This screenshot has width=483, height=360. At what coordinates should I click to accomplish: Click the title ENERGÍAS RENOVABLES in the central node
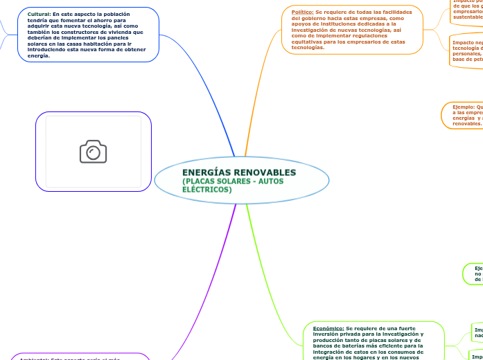tap(238, 172)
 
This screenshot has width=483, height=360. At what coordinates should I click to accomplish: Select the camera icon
tap(93, 152)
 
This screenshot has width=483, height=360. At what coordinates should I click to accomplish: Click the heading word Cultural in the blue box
tap(38, 14)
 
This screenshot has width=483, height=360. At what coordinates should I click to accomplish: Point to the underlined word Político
tap(302, 12)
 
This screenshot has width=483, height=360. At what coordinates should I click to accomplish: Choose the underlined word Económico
tap(324, 327)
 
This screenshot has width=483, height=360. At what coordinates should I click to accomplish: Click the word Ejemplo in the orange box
tap(464, 107)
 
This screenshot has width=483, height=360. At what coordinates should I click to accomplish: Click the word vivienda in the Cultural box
tap(126, 32)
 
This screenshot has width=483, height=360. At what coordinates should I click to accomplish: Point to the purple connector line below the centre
tap(208, 277)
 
